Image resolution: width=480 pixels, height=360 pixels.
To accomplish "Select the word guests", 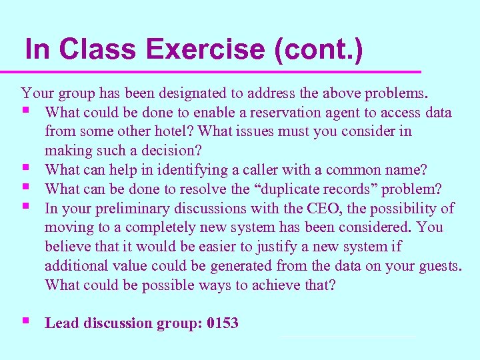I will coord(439,266).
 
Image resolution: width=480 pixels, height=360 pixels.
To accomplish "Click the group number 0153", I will coord(223,323).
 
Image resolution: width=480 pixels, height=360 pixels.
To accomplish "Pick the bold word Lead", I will coord(60,323).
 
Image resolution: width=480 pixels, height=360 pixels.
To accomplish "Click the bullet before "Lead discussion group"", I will coord(25,321).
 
